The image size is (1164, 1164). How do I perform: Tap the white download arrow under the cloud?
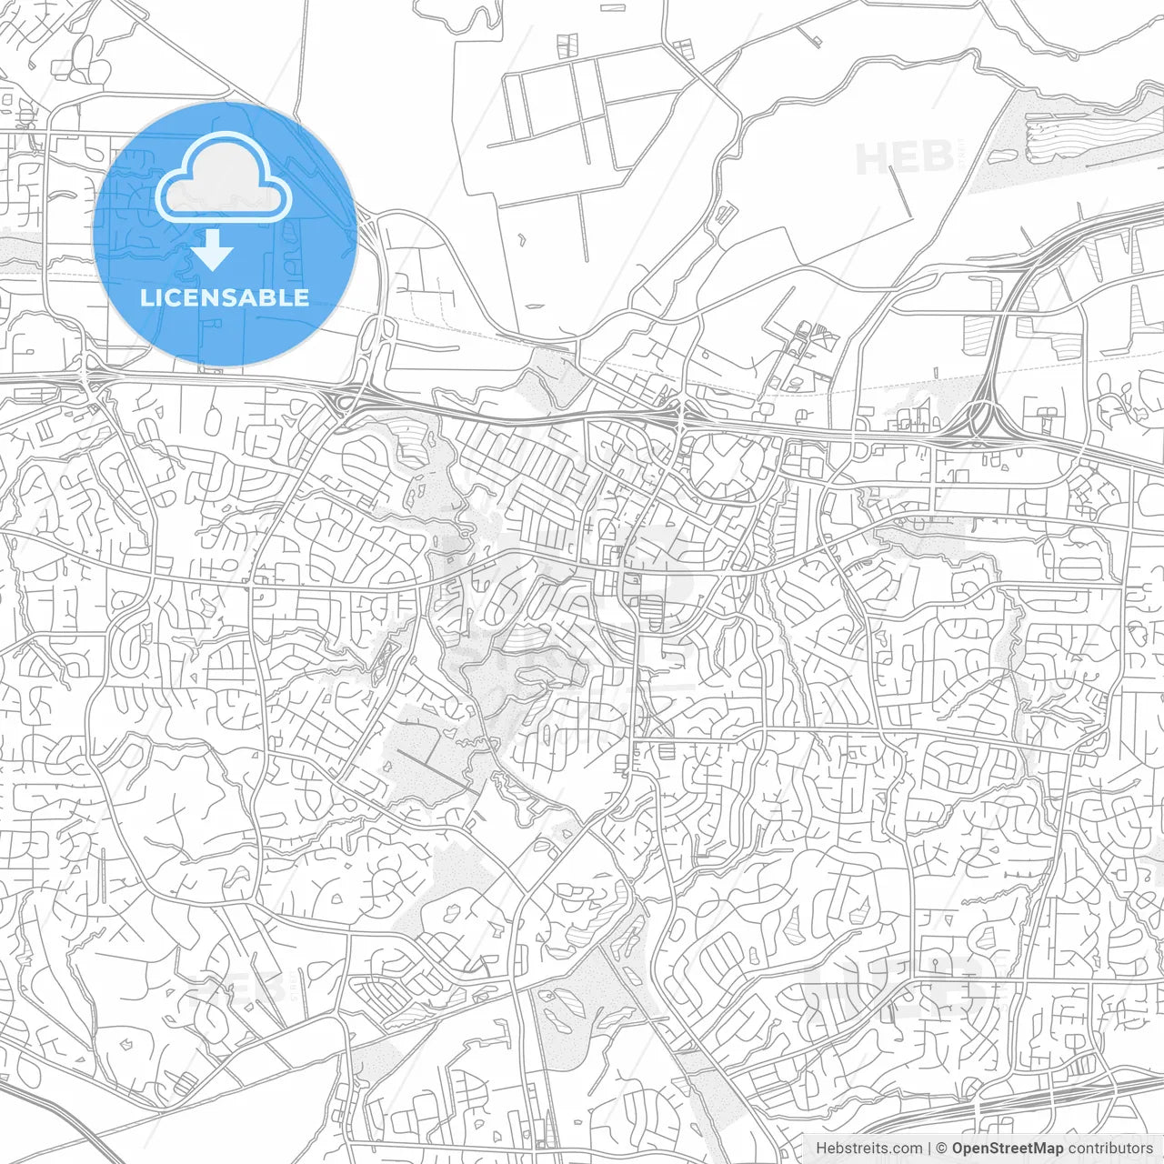pos(213,250)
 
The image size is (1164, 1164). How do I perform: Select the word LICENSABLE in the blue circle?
pos(225,298)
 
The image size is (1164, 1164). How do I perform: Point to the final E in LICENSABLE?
pos(300,298)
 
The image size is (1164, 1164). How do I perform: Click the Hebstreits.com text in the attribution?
pos(868,1149)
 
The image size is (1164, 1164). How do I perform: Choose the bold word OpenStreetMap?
pos(1007,1149)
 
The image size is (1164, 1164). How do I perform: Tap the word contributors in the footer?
pos(1110,1149)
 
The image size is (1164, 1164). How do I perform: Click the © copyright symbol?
pos(942,1149)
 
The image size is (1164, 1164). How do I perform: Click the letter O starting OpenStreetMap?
pos(958,1149)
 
